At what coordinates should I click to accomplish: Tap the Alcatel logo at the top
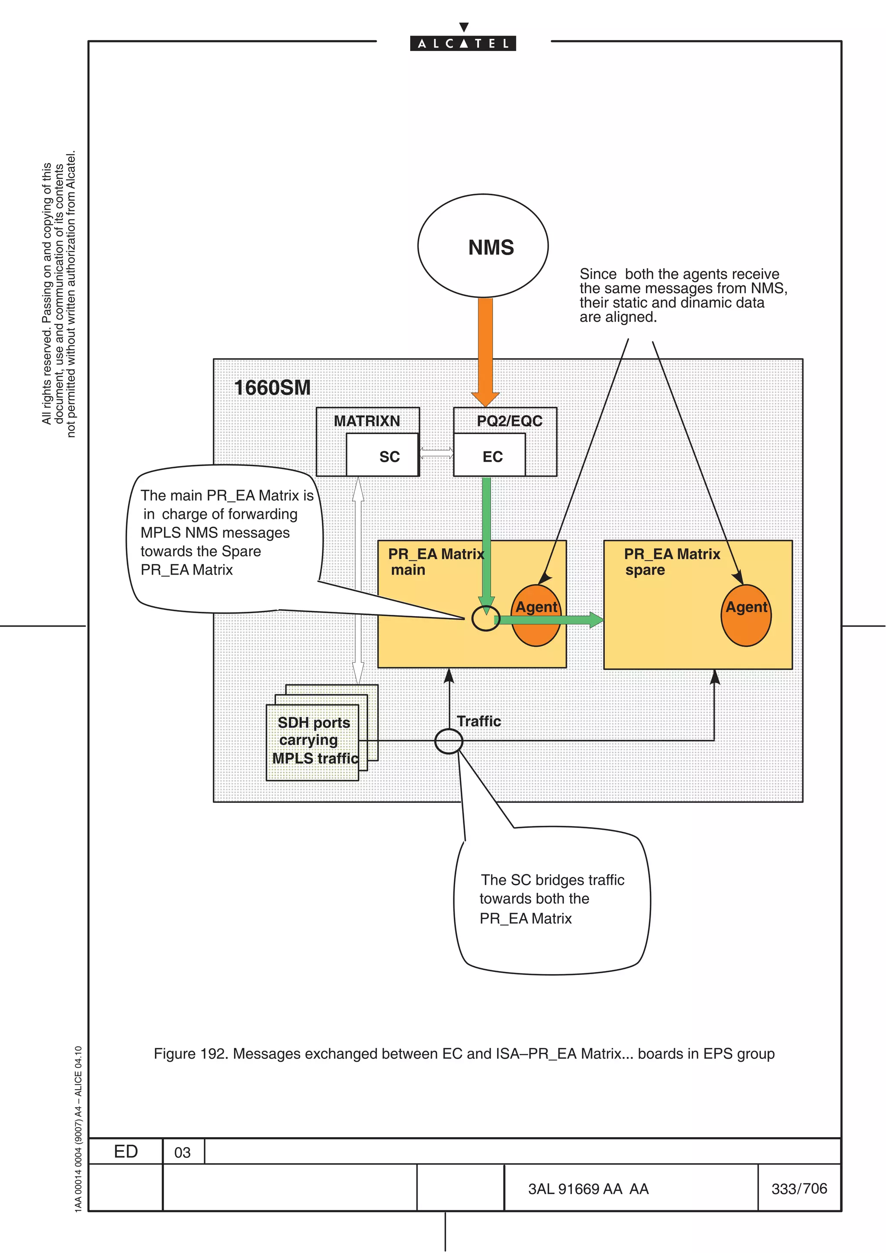463,42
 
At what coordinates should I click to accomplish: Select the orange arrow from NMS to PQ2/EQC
485,349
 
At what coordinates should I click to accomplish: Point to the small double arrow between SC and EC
436,452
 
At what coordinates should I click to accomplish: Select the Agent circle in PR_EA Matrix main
536,616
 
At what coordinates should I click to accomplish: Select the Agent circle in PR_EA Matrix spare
746,616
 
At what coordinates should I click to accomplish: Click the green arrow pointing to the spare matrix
551,620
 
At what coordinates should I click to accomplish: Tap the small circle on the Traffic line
449,741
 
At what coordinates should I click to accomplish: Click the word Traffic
479,722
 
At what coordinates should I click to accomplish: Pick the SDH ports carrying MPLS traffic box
312,742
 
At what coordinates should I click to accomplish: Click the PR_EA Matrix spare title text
671,562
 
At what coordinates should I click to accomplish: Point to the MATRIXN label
367,421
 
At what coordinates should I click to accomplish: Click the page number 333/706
799,1189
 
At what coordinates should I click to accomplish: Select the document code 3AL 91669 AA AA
588,1189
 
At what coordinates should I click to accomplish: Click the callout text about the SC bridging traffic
551,899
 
